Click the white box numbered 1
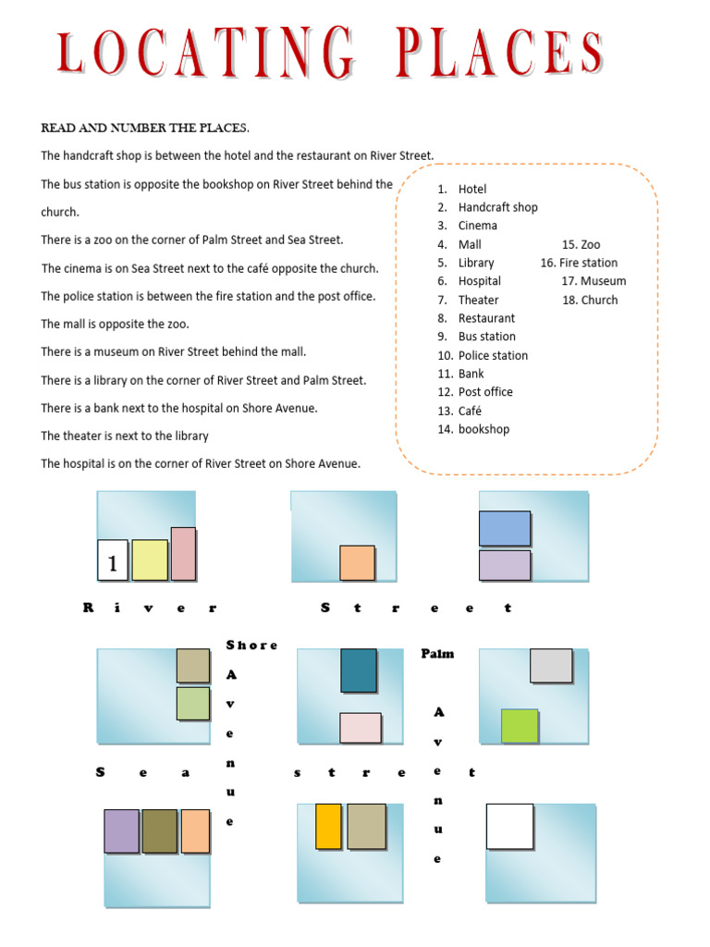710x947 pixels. [113, 560]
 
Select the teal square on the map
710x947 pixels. [359, 670]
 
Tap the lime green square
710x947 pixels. [520, 726]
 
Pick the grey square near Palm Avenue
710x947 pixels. [551, 666]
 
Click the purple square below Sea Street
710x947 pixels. [121, 831]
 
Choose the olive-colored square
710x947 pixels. [159, 831]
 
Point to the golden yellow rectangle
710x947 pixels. [328, 827]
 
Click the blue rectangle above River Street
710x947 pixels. [505, 528]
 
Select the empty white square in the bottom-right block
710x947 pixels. [509, 827]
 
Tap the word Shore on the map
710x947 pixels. [251, 645]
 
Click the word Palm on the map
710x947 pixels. [437, 654]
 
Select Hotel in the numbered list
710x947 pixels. [471, 189]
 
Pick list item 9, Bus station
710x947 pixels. [486, 337]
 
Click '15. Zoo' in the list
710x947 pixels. [581, 244]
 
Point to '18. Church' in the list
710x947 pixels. [590, 300]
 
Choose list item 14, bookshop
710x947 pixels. [484, 429]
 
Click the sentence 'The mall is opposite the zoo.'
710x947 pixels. [115, 325]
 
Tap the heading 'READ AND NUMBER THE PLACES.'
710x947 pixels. [144, 128]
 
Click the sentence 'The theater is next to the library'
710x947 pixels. [125, 436]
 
